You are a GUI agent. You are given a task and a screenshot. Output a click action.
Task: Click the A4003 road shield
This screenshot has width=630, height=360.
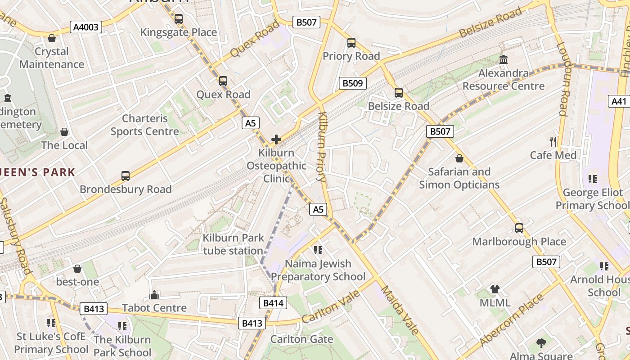pos(86,27)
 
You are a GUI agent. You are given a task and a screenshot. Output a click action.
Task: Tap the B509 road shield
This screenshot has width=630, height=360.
pos(352,83)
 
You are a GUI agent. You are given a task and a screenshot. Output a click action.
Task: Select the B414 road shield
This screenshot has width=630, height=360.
pos(273,303)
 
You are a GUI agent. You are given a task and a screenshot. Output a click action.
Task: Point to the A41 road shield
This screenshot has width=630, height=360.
pos(619,101)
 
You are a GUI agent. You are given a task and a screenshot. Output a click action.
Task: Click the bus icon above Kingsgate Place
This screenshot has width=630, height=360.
pos(179,19)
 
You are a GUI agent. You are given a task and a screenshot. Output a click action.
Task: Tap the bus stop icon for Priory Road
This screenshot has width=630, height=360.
pos(351,43)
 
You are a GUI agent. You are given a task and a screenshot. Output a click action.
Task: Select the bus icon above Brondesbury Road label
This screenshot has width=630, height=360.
pos(126,176)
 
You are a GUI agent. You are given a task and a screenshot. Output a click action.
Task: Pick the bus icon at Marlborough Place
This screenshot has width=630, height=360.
pos(519,228)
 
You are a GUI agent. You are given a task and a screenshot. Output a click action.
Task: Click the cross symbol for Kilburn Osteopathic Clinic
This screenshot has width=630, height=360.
pos(276,139)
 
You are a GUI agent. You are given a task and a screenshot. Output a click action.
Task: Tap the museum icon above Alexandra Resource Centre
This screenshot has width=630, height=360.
pos(504,59)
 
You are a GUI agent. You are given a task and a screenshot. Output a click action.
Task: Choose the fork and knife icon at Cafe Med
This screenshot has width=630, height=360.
pos(553,142)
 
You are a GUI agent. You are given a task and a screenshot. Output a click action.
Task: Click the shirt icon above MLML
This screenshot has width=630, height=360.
pos(495,289)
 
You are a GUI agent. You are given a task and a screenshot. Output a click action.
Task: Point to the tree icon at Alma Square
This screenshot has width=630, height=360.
pos(541,343)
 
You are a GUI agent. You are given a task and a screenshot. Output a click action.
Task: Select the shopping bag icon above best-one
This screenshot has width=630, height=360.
pos(77,269)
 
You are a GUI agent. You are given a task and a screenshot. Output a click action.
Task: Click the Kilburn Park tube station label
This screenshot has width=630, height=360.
pos(233,244)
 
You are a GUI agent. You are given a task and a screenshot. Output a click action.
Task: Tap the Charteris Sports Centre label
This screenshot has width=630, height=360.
pos(145,125)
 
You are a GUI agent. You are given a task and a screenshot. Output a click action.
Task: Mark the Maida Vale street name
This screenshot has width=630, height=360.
pos(400,310)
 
